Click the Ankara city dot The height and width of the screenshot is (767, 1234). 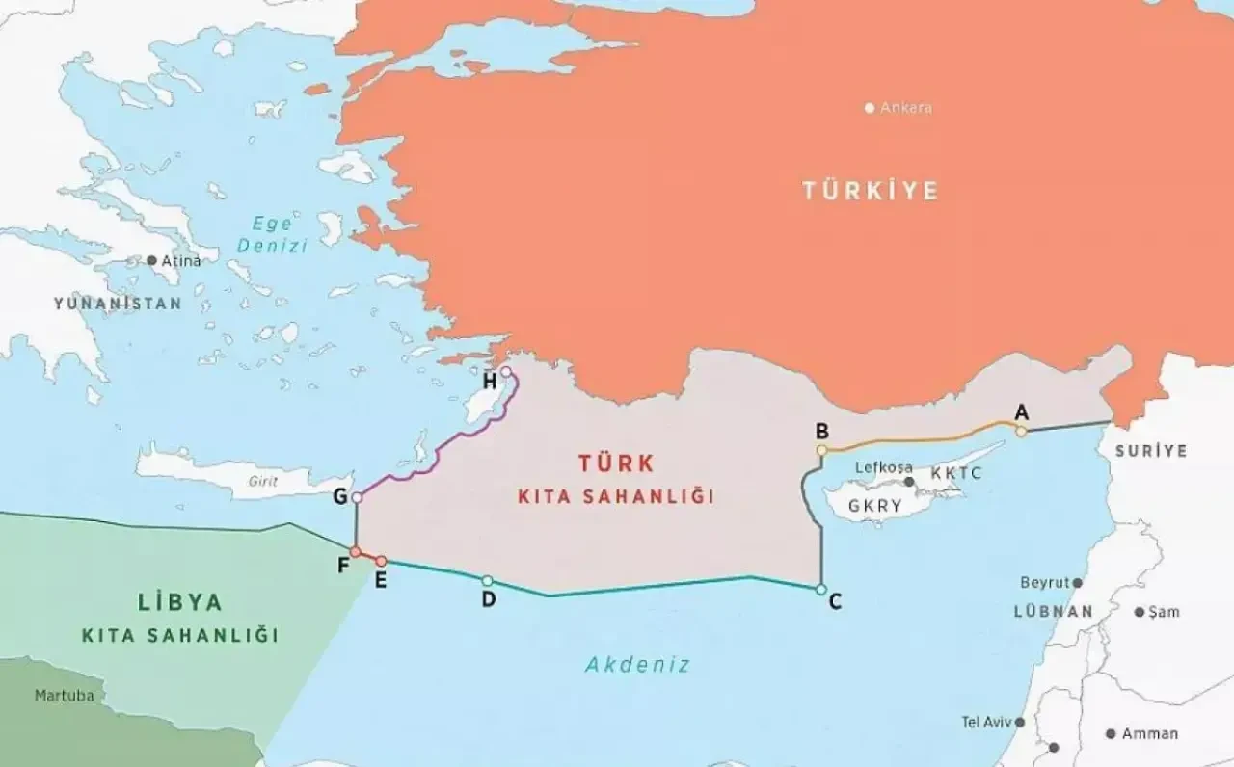(870, 108)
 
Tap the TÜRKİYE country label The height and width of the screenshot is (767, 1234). (871, 191)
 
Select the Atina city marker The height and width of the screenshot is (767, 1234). (151, 261)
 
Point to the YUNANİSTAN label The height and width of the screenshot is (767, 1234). (118, 304)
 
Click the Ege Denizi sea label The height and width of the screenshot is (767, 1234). (273, 234)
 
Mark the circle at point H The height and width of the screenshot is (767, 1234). (505, 372)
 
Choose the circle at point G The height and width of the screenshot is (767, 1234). (357, 497)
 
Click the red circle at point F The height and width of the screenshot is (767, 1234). (355, 552)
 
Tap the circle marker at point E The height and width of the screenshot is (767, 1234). (381, 561)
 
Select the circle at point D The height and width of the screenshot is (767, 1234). (487, 580)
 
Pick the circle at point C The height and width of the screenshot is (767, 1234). (821, 589)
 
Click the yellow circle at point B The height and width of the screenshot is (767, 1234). (821, 450)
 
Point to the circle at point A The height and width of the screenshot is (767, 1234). (1021, 432)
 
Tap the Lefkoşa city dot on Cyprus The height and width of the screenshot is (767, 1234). (908, 482)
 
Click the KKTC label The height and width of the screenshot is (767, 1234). (955, 475)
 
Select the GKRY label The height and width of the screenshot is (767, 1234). (875, 506)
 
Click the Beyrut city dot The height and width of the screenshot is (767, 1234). (1077, 583)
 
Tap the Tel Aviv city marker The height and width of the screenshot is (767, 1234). (1019, 722)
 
